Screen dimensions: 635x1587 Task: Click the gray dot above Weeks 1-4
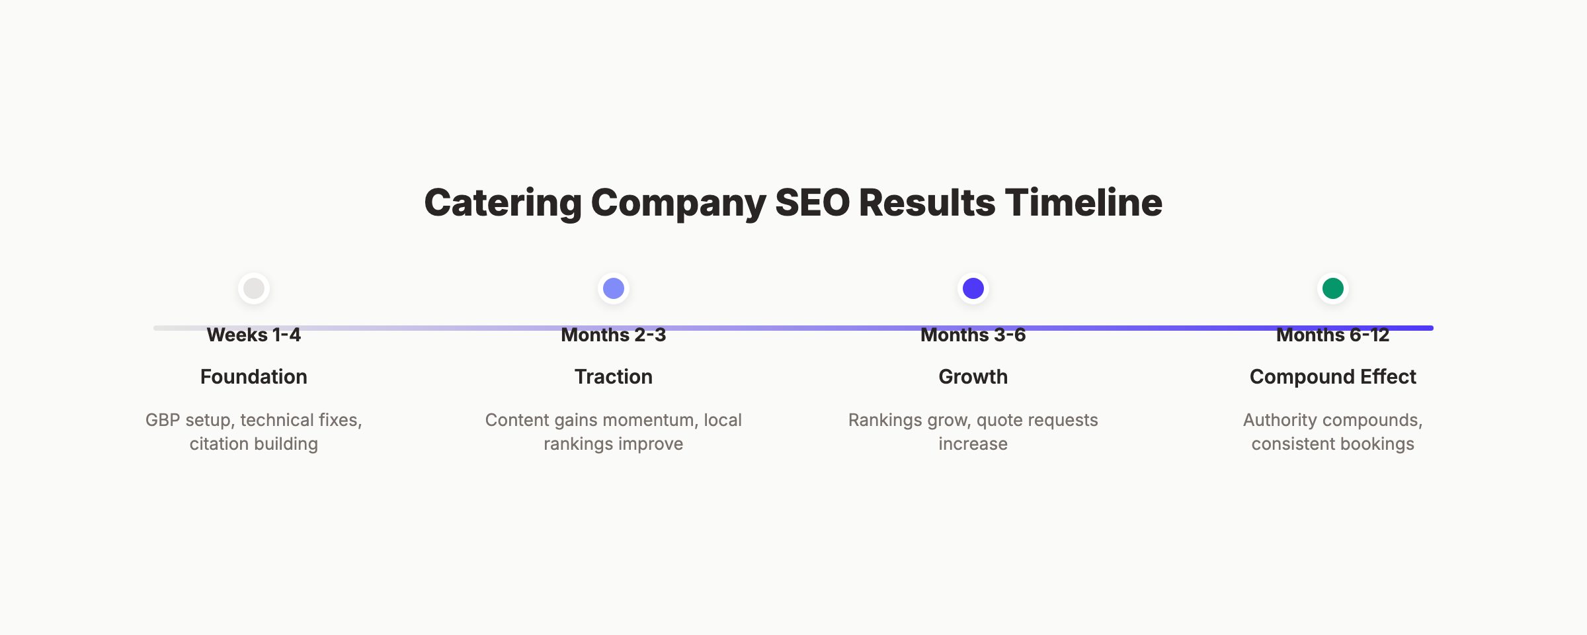tap(254, 288)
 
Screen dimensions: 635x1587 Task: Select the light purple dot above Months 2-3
tap(614, 288)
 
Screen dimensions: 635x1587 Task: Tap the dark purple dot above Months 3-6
tap(973, 288)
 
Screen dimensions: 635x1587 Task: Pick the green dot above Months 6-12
tap(1333, 288)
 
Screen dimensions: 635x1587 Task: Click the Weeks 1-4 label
tap(254, 335)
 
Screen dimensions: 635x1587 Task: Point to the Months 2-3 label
tap(614, 335)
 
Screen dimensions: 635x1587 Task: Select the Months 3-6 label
tap(973, 335)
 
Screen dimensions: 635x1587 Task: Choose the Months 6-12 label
tap(1333, 335)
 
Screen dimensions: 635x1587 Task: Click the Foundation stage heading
tap(254, 377)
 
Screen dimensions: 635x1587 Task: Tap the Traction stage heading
tap(614, 377)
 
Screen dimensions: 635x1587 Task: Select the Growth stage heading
tap(973, 377)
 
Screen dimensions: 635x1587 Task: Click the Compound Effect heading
tap(1333, 377)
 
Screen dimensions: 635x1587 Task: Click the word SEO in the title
tap(813, 202)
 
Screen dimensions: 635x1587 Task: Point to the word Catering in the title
tap(503, 202)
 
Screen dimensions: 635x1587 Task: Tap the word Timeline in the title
tap(1084, 202)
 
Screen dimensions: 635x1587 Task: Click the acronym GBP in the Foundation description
tap(163, 421)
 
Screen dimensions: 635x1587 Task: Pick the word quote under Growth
tap(999, 421)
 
